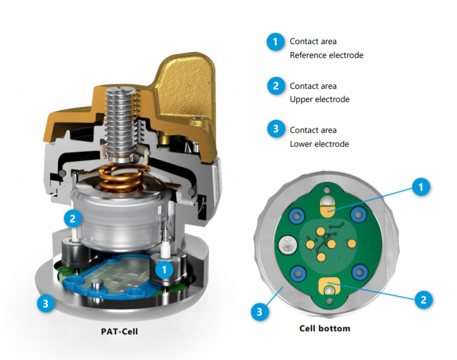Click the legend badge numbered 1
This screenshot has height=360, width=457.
pyautogui.click(x=275, y=42)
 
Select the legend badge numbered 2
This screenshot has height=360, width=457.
pyautogui.click(x=276, y=86)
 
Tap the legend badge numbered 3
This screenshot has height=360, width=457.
pyautogui.click(x=276, y=128)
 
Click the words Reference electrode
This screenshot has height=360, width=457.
pyautogui.click(x=327, y=55)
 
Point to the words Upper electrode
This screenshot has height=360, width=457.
pyautogui.click(x=319, y=99)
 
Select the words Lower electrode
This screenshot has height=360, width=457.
pyautogui.click(x=319, y=143)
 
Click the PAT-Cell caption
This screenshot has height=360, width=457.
pyautogui.click(x=119, y=332)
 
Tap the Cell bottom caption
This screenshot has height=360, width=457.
pyautogui.click(x=325, y=329)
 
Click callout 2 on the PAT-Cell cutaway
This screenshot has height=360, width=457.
pyautogui.click(x=72, y=218)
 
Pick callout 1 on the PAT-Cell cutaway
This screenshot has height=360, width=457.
pyautogui.click(x=164, y=269)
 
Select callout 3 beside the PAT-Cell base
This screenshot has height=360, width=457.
pyautogui.click(x=46, y=303)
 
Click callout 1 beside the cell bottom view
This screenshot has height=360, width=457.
pyautogui.click(x=420, y=187)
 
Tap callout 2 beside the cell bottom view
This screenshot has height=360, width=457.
pyautogui.click(x=424, y=300)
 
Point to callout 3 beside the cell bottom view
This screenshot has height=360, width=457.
pyautogui.click(x=260, y=312)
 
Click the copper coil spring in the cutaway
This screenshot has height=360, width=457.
pyautogui.click(x=121, y=178)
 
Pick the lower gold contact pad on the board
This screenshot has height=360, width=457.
pyautogui.click(x=329, y=286)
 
